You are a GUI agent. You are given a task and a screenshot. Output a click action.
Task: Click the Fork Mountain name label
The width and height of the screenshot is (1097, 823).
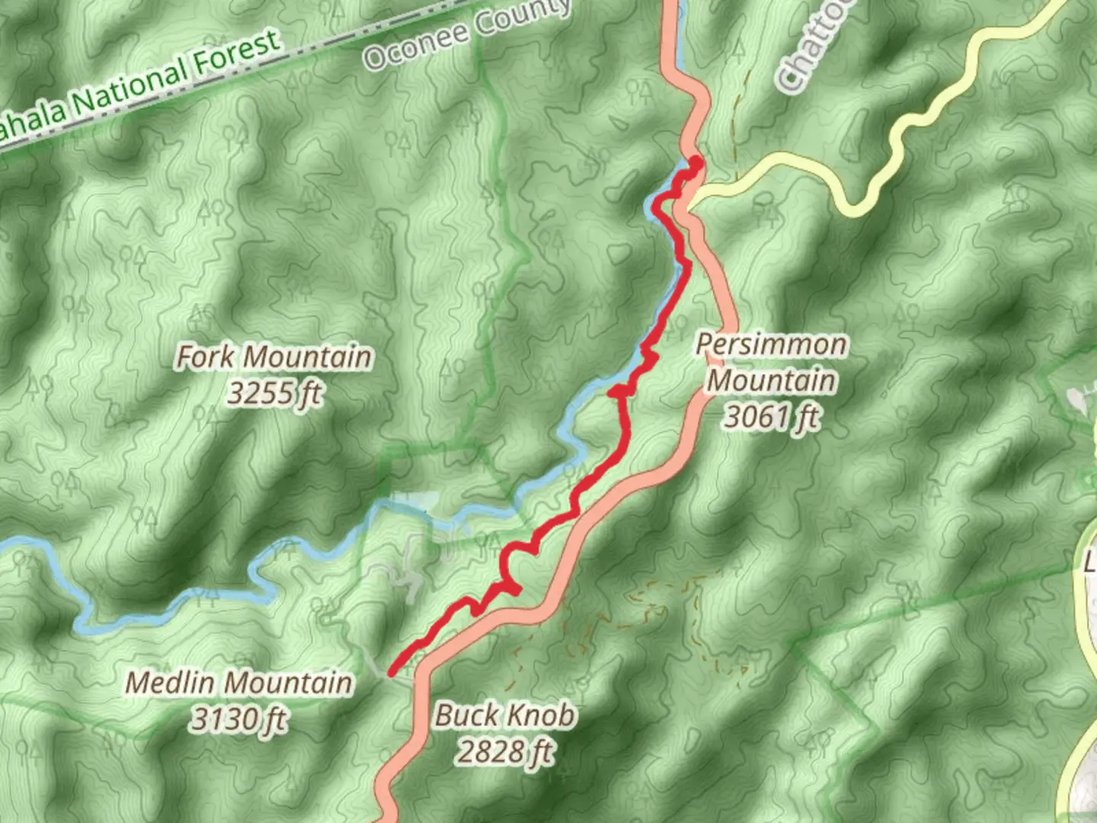[274, 357]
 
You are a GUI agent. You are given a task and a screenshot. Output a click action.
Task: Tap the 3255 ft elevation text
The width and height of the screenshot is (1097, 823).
[274, 393]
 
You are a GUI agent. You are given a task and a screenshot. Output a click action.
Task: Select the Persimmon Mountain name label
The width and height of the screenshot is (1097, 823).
[771, 362]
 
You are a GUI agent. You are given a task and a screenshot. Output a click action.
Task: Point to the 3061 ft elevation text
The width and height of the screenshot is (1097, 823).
[771, 416]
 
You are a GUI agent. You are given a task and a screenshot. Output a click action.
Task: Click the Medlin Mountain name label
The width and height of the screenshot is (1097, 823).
[238, 682]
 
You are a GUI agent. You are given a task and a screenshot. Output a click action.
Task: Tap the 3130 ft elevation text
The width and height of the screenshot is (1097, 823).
[238, 719]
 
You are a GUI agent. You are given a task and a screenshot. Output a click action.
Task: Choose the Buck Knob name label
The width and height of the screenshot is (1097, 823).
[505, 716]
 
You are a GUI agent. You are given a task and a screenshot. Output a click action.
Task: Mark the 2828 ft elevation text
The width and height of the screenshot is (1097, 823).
[505, 752]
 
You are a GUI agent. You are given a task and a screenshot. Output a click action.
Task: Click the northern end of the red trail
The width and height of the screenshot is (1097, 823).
[696, 161]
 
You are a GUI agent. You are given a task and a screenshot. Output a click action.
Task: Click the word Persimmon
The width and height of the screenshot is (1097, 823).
[771, 344]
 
